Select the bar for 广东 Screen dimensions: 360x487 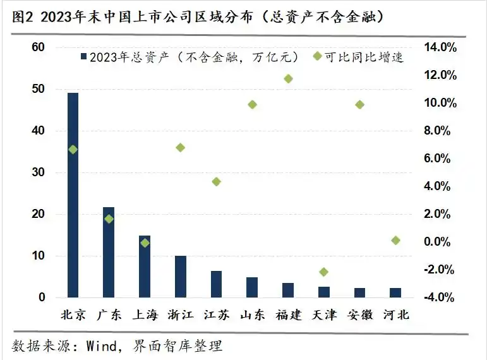coord(109,252)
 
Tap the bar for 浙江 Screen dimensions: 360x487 coord(181,276)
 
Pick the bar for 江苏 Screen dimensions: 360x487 coord(216,284)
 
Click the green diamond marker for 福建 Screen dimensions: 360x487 coord(288,78)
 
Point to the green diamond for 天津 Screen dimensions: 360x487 coord(324,272)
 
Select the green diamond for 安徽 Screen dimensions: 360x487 coord(359,104)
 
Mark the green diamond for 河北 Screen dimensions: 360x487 coord(395,240)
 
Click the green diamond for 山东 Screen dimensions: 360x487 coord(252,104)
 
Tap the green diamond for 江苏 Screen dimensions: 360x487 coord(216,181)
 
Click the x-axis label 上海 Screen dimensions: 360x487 coord(145,314)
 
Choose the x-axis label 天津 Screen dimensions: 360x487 coord(324,314)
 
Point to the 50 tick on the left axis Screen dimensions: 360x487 coord(39,89)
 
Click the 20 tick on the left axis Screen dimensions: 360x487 coord(39,214)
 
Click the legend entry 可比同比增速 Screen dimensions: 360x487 coord(363,57)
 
